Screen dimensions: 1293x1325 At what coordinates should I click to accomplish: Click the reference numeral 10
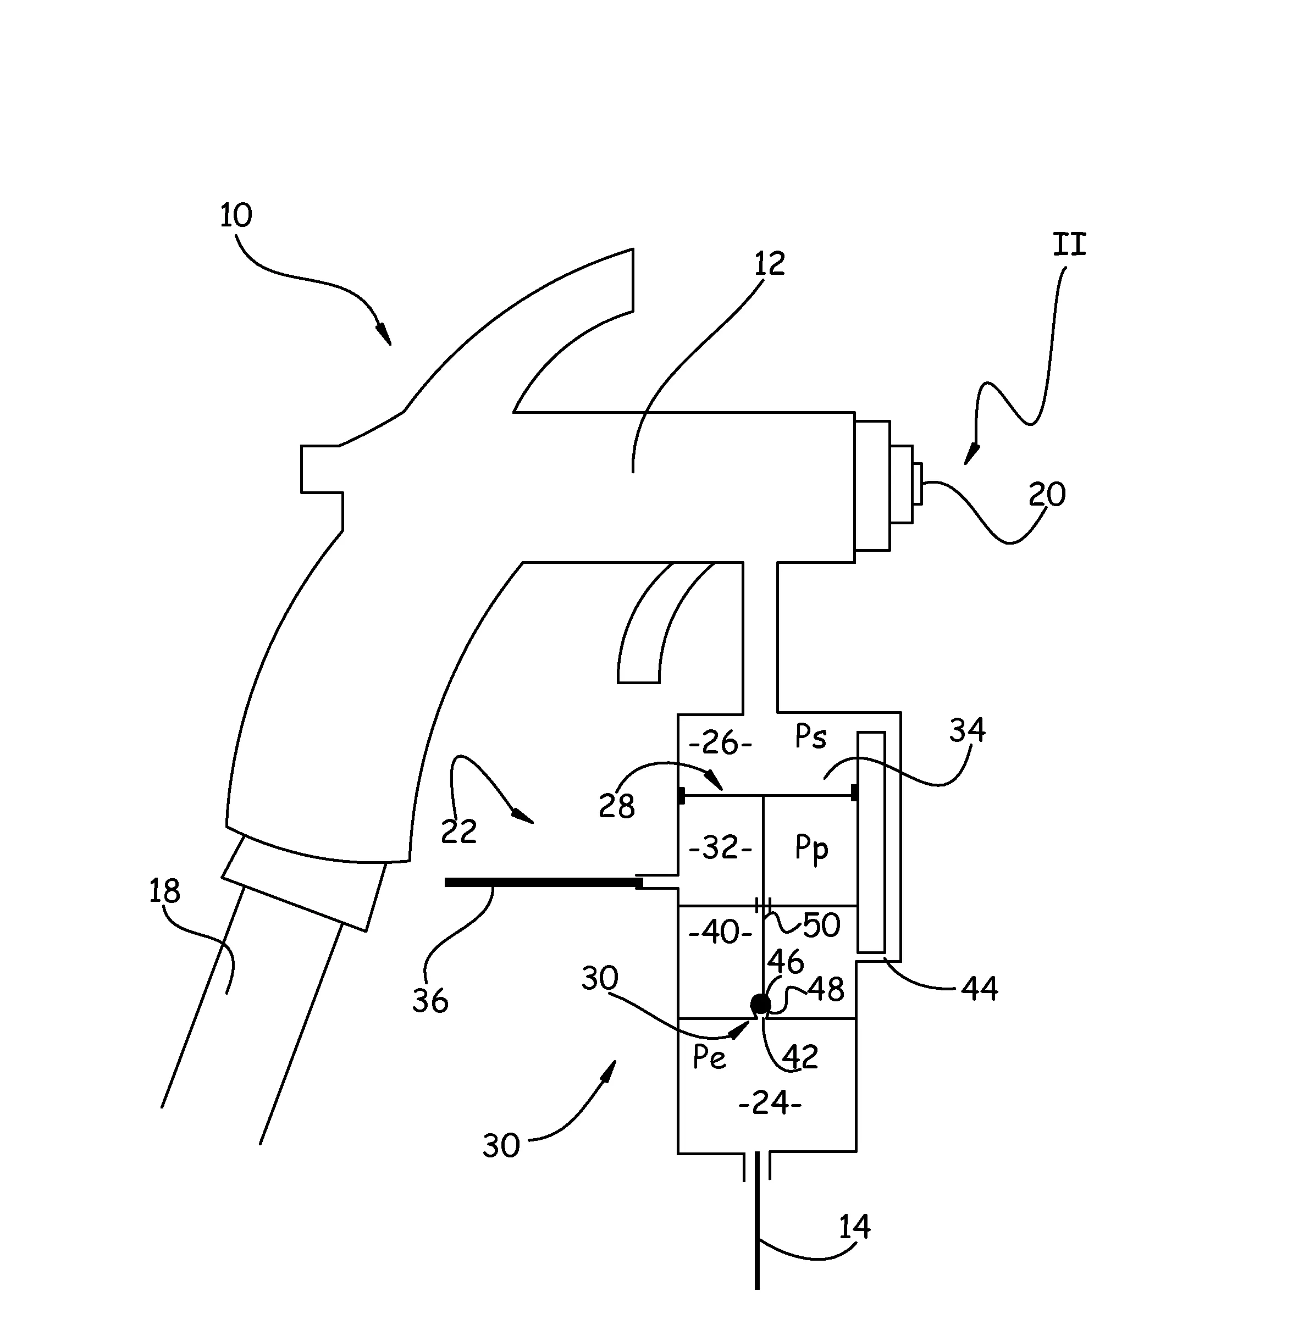tap(236, 215)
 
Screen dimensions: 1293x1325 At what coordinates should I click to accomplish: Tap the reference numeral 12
tap(770, 263)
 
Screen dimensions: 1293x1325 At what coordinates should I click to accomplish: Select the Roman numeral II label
tap(1070, 245)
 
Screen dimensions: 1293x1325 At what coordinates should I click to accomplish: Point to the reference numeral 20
tap(1047, 494)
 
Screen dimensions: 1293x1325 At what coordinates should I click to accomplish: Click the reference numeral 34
tap(967, 730)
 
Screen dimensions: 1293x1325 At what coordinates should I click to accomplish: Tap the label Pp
tap(811, 849)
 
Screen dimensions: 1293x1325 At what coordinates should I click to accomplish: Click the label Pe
tap(710, 1057)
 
